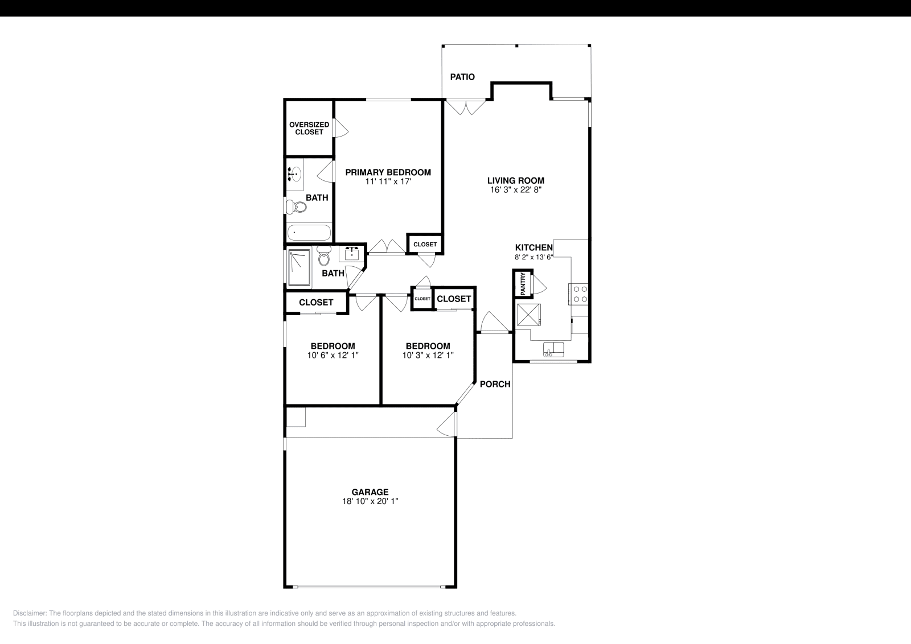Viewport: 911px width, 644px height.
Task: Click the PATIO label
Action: (462, 77)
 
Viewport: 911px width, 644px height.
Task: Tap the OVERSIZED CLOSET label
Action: (309, 128)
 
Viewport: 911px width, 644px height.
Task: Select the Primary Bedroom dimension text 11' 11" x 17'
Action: (388, 182)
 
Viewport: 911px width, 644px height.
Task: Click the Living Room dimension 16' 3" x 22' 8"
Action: (515, 190)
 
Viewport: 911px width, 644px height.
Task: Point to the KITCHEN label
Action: (534, 247)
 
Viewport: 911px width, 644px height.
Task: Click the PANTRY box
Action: (522, 283)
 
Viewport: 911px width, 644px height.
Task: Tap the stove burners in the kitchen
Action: (580, 294)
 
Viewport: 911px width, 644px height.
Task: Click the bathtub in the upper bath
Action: (309, 233)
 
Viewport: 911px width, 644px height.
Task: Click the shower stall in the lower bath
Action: (299, 267)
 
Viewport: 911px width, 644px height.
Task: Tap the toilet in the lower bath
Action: (324, 258)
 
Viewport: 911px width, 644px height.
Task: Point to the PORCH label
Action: (495, 384)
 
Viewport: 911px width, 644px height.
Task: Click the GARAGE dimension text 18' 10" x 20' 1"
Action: (370, 502)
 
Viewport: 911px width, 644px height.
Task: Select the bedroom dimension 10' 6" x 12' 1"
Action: (333, 355)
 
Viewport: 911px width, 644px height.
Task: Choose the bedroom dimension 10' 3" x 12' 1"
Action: (428, 355)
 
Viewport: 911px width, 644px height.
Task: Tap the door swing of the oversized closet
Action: (340, 128)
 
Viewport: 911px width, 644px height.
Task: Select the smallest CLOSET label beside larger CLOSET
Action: (422, 299)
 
